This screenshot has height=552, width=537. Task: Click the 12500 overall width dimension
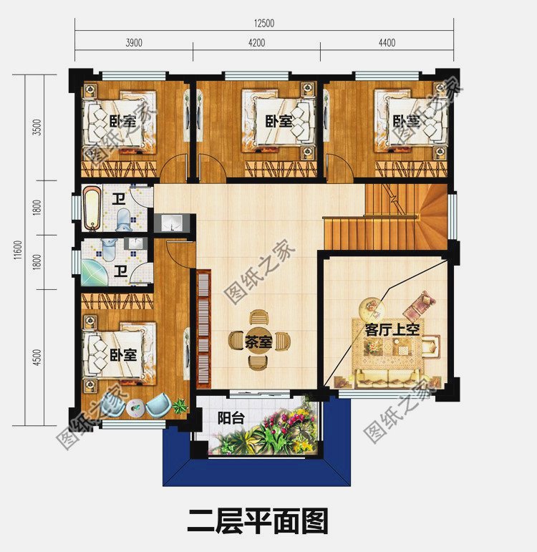pos(263,23)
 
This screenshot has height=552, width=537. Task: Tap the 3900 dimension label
pos(134,43)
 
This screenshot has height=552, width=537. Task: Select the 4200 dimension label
pos(256,43)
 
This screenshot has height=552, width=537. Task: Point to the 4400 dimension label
pos(386,43)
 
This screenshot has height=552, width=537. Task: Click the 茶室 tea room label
pos(258,342)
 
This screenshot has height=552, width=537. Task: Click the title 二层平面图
pos(258,521)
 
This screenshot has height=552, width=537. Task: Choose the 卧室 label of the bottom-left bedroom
pos(123,354)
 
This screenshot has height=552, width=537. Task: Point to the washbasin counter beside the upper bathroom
pos(173,223)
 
